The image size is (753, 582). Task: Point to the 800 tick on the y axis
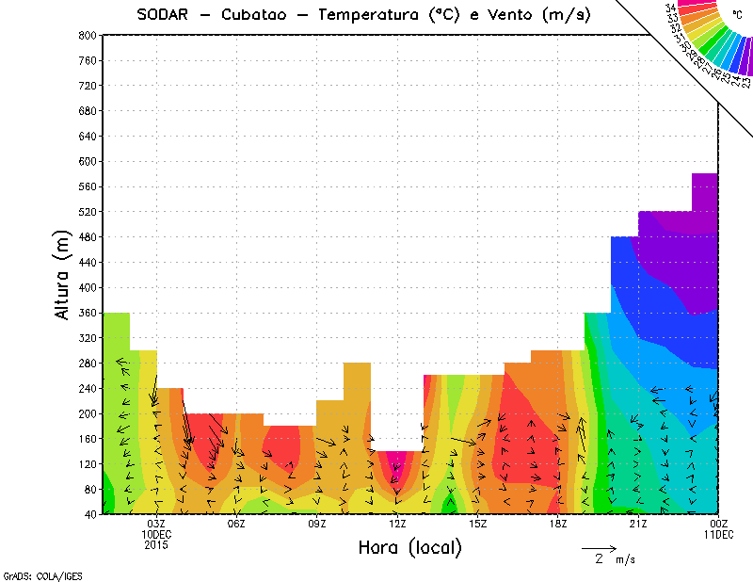tap(87, 35)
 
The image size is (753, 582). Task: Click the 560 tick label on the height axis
tap(87, 186)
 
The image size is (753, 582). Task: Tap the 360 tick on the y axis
tap(87, 313)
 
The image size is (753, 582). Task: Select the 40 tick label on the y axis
tap(89, 515)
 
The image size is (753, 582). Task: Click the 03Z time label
tap(156, 524)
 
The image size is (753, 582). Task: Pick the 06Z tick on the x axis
tap(236, 524)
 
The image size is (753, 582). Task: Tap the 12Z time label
tap(397, 524)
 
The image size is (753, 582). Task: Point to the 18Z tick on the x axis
tap(558, 524)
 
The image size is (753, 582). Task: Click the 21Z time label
tap(638, 524)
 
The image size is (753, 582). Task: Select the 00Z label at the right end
tap(719, 524)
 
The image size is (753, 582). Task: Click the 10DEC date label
tap(156, 534)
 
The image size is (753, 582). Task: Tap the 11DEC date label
tap(719, 534)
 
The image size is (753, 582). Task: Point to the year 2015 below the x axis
tap(156, 544)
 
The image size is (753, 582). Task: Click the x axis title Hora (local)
tap(409, 548)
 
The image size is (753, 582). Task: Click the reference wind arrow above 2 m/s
tap(599, 547)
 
